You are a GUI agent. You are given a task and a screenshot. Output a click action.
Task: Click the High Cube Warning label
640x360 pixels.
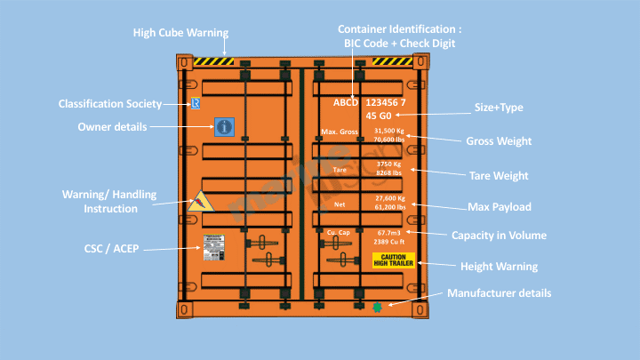click(180, 33)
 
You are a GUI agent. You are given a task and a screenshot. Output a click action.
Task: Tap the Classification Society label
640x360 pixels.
click(110, 104)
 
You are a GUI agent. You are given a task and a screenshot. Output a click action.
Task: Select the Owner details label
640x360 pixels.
click(112, 127)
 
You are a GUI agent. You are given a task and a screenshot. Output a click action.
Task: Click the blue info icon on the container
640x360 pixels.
click(224, 127)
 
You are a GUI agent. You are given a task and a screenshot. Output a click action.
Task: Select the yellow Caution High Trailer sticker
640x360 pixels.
click(394, 260)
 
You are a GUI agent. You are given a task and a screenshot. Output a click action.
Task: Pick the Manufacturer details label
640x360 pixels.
click(499, 292)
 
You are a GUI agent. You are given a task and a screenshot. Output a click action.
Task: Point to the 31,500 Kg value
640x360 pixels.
click(389, 131)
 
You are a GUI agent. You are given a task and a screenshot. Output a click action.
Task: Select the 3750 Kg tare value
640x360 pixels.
click(390, 164)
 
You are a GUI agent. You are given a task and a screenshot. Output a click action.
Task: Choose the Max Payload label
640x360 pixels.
click(499, 207)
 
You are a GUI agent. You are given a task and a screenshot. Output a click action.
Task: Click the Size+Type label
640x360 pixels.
click(499, 108)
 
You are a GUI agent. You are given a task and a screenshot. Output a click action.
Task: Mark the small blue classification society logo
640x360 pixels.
click(196, 104)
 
